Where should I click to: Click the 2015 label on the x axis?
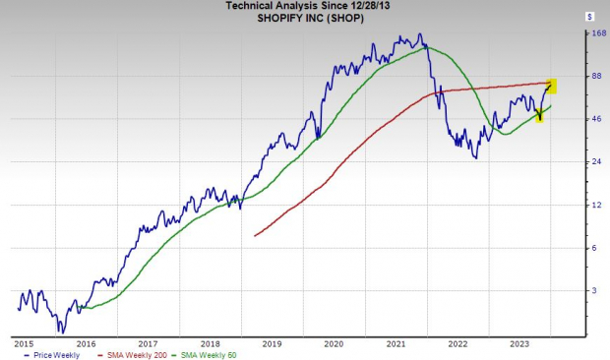[x=24, y=343]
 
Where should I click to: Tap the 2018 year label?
[x=213, y=343]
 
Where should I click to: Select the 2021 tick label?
[x=395, y=343]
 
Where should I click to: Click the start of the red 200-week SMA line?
[x=254, y=236]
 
